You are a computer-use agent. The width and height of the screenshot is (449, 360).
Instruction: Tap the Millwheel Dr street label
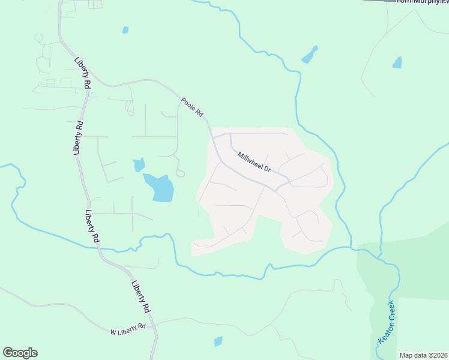click(x=255, y=162)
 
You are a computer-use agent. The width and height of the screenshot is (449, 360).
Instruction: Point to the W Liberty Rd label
click(x=128, y=329)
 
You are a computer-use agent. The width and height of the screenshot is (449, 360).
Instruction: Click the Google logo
click(x=20, y=352)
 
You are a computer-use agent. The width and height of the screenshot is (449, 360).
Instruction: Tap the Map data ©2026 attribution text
click(x=423, y=355)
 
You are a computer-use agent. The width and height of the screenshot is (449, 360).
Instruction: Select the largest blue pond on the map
click(x=160, y=187)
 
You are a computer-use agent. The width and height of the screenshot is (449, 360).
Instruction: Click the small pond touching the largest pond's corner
click(x=139, y=164)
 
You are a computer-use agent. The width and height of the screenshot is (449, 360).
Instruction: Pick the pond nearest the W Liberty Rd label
click(x=218, y=341)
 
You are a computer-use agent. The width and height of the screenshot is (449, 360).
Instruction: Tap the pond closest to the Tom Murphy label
click(x=397, y=62)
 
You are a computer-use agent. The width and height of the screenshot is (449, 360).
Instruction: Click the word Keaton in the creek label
click(x=382, y=332)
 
